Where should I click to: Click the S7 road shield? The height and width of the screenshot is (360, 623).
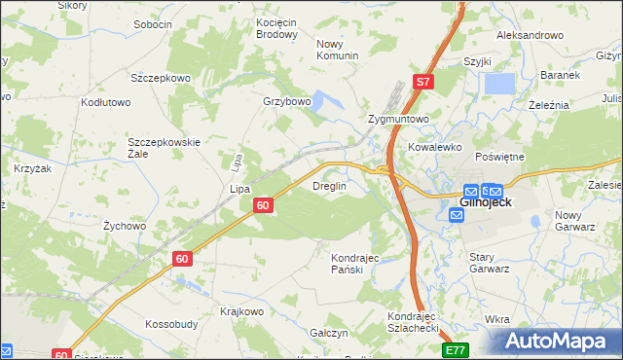(x=421, y=83)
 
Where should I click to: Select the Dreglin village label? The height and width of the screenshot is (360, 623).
(x=329, y=186)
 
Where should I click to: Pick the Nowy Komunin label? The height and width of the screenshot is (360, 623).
(x=338, y=50)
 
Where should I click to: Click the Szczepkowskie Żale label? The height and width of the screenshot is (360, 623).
(x=165, y=149)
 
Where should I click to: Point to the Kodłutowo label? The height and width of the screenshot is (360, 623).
(x=106, y=102)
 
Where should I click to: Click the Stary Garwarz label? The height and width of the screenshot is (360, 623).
(x=490, y=263)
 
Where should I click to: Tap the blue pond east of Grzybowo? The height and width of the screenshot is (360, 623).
(x=321, y=101)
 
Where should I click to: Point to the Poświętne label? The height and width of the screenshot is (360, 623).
(x=499, y=157)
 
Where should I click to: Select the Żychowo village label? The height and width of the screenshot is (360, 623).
(x=125, y=226)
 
